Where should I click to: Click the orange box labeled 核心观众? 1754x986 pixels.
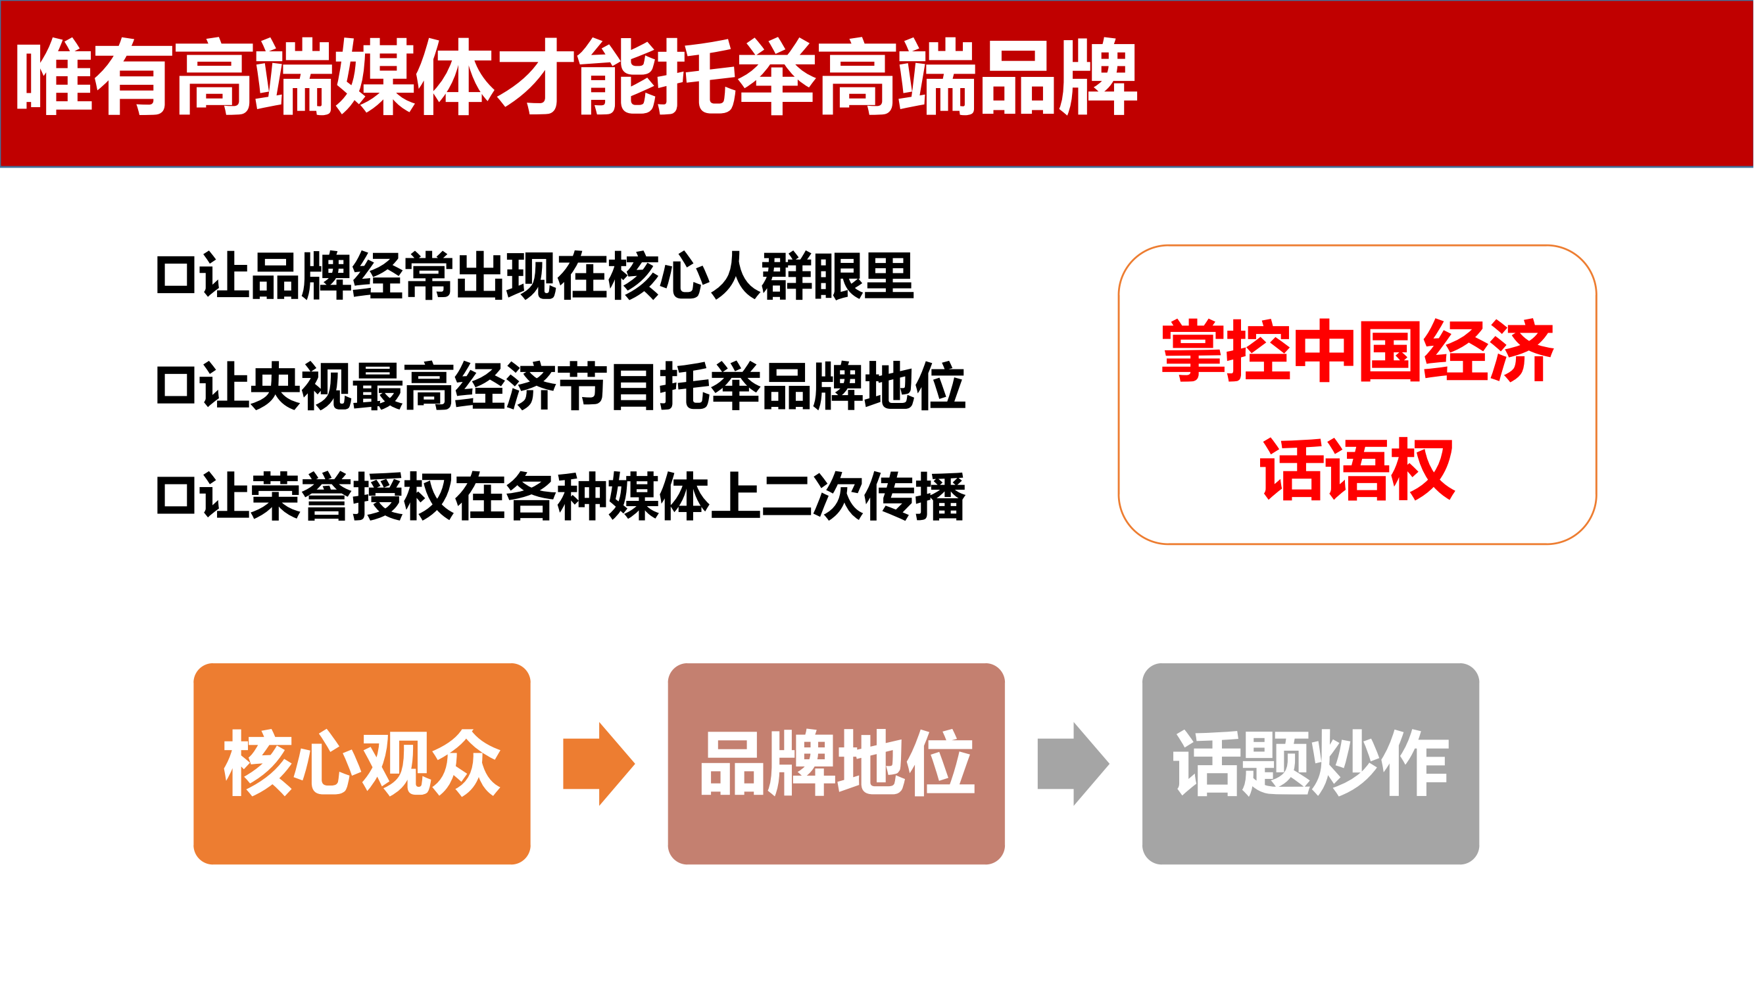pos(362,763)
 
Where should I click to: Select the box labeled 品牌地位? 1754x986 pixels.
pos(836,763)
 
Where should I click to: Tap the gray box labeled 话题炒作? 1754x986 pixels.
pos(1311,763)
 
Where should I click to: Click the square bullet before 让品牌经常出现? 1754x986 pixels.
pos(176,275)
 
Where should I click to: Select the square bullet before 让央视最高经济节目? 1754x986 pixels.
pos(176,387)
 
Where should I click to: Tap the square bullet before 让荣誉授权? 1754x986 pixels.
pos(176,496)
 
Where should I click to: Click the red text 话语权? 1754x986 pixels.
pos(1357,469)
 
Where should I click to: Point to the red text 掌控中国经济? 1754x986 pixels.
pos(1357,350)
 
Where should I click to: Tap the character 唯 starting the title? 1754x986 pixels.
pos(55,76)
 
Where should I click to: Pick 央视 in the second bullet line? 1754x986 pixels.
pos(301,387)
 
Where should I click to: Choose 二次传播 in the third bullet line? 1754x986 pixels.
pos(864,496)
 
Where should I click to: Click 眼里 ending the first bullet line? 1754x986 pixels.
pos(863,275)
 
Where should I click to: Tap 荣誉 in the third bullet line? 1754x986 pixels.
pos(301,496)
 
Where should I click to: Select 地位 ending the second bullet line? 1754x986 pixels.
pos(914,387)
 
